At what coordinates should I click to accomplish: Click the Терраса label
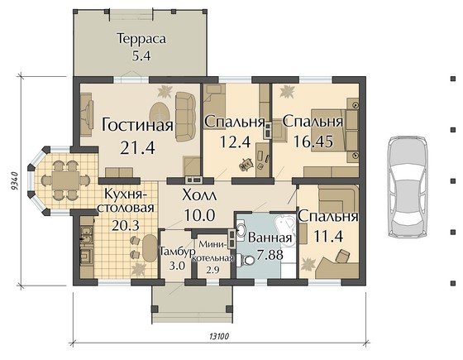click(141, 39)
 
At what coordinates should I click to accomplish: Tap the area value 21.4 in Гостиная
click(137, 147)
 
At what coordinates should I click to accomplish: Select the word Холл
click(199, 195)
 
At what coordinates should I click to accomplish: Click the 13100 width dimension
click(219, 336)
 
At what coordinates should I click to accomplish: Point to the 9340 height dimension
click(15, 181)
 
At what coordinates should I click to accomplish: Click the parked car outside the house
click(408, 186)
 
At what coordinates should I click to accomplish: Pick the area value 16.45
click(313, 142)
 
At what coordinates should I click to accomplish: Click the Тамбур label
click(177, 252)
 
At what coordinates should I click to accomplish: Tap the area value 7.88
click(270, 255)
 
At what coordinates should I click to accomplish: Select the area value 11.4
click(328, 236)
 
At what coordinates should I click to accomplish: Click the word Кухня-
click(126, 194)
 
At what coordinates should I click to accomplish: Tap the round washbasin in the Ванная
click(241, 228)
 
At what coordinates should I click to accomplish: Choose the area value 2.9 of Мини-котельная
click(212, 270)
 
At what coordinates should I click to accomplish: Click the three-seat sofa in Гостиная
click(186, 117)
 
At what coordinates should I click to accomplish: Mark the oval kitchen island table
click(150, 248)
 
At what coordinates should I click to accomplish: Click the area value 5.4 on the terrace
click(141, 55)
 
